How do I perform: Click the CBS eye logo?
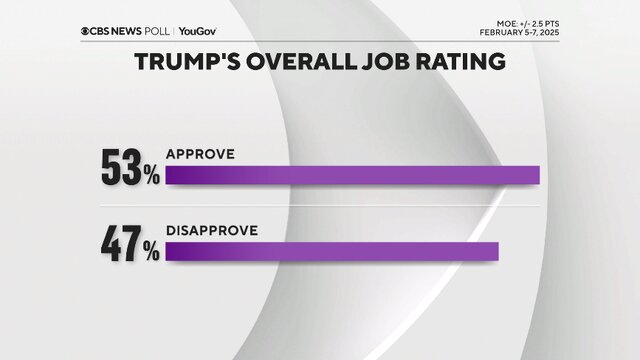(x=86, y=30)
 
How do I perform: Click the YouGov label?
(x=198, y=30)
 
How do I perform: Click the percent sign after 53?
(x=150, y=174)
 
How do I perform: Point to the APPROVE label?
(x=200, y=154)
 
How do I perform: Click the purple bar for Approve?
(x=352, y=176)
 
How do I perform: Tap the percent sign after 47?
(x=150, y=250)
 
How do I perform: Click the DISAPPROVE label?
(x=212, y=230)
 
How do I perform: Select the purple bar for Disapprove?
(x=331, y=252)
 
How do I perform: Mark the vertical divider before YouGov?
(x=173, y=30)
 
